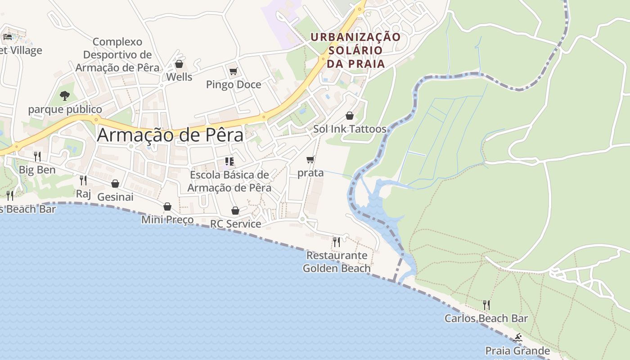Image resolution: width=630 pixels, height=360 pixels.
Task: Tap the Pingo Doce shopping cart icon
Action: click(233, 71)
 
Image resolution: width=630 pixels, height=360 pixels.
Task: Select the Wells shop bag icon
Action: click(179, 64)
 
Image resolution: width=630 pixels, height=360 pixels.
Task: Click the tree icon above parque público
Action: click(65, 95)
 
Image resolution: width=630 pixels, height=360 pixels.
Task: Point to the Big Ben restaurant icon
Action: click(37, 157)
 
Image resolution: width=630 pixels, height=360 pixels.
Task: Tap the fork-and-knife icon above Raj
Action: click(83, 180)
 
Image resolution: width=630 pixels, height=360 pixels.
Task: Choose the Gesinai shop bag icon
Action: click(115, 184)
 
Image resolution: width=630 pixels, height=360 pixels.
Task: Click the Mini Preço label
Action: click(167, 220)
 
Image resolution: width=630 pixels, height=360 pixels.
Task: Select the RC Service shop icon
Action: click(235, 211)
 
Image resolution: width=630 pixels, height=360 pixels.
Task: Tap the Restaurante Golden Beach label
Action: click(337, 262)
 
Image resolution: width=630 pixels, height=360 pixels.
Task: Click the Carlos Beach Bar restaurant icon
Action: click(486, 305)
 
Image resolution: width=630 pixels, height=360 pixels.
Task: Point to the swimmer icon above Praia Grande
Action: click(517, 338)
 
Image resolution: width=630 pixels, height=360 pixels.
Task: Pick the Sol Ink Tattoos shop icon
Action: click(349, 116)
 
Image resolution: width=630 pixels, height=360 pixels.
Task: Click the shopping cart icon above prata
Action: click(310, 160)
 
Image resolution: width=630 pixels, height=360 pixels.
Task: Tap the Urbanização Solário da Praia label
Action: click(355, 50)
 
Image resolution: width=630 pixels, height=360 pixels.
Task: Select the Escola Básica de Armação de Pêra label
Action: click(229, 181)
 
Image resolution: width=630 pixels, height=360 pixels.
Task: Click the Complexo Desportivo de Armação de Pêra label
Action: click(117, 55)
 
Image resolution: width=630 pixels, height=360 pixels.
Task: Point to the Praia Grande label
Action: click(517, 351)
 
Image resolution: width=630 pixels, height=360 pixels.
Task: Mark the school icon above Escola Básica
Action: click(229, 162)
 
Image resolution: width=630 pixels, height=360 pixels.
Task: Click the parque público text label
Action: click(65, 109)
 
